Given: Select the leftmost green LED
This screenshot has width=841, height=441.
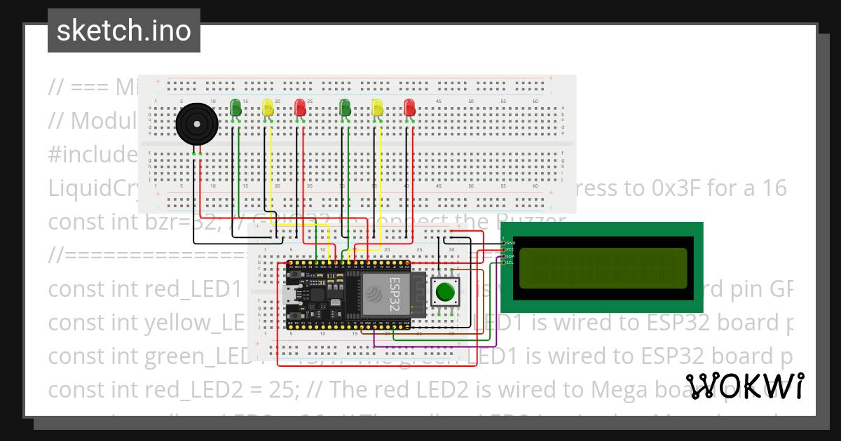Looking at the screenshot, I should pos(235,108).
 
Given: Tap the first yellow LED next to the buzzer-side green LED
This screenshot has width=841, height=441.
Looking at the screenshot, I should pos(268,108).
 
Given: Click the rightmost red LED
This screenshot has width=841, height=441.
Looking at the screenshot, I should pos(410,108).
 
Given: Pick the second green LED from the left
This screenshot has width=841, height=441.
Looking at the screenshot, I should pos(345,108).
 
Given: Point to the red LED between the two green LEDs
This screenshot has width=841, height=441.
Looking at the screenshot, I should pos(300,108).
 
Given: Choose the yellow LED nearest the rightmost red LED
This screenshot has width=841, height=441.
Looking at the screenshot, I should pos(378,108).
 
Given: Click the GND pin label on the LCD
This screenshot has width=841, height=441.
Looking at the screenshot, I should pos(510,243).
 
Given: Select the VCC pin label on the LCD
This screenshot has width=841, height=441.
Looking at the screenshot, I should pos(510,249).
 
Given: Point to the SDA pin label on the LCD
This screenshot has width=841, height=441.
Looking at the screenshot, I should pos(510,256).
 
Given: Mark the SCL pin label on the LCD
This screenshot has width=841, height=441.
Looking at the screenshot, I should pos(510,262).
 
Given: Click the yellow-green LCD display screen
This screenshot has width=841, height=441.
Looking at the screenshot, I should pos(603,268).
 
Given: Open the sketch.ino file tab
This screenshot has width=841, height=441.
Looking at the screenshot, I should pos(124,31).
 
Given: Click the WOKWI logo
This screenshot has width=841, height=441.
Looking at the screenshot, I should pos(744,386).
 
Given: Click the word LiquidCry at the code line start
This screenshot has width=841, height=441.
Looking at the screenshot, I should pos(91,189).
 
